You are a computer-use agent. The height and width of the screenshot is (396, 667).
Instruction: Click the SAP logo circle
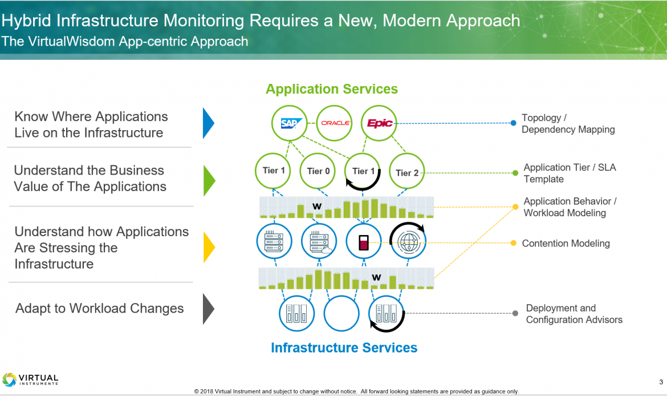point(290,123)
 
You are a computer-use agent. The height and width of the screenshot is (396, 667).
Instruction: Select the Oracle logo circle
point(335,123)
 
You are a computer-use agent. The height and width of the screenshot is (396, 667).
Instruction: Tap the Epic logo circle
point(379,123)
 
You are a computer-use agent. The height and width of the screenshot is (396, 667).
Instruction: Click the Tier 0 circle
point(318,171)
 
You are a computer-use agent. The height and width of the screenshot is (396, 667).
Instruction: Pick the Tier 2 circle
point(407,172)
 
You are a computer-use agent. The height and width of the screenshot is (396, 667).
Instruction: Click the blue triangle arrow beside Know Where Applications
point(208,123)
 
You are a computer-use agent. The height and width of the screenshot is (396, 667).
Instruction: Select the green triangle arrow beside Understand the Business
point(209,180)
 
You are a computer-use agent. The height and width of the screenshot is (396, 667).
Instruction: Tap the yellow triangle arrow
point(209,247)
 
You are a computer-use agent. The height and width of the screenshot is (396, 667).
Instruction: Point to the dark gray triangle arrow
point(208,309)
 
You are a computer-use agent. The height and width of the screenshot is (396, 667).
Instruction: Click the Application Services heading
point(332,89)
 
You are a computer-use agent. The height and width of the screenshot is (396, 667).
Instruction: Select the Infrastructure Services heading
point(344,347)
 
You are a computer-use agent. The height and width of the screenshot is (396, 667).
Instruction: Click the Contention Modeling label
point(566,244)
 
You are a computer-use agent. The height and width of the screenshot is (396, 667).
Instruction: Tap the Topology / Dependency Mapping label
point(568,124)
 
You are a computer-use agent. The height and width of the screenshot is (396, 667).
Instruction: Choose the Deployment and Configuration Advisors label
point(574,314)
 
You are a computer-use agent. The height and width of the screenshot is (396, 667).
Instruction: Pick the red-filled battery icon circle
point(364,241)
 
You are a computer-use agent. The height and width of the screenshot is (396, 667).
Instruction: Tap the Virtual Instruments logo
point(31,379)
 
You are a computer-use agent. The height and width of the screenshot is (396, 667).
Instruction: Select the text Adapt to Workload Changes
point(100,309)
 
